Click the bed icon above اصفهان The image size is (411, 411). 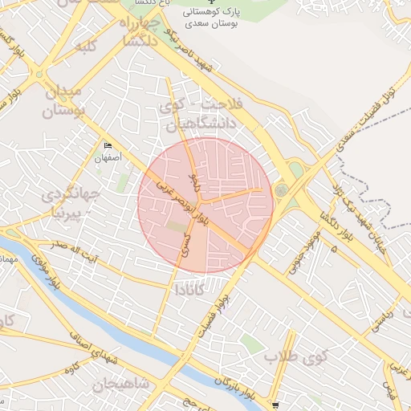click(x=108, y=145)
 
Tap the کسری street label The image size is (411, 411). click(x=187, y=244)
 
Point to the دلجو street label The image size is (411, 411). click(x=192, y=172)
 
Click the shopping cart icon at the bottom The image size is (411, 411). click(x=276, y=405)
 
